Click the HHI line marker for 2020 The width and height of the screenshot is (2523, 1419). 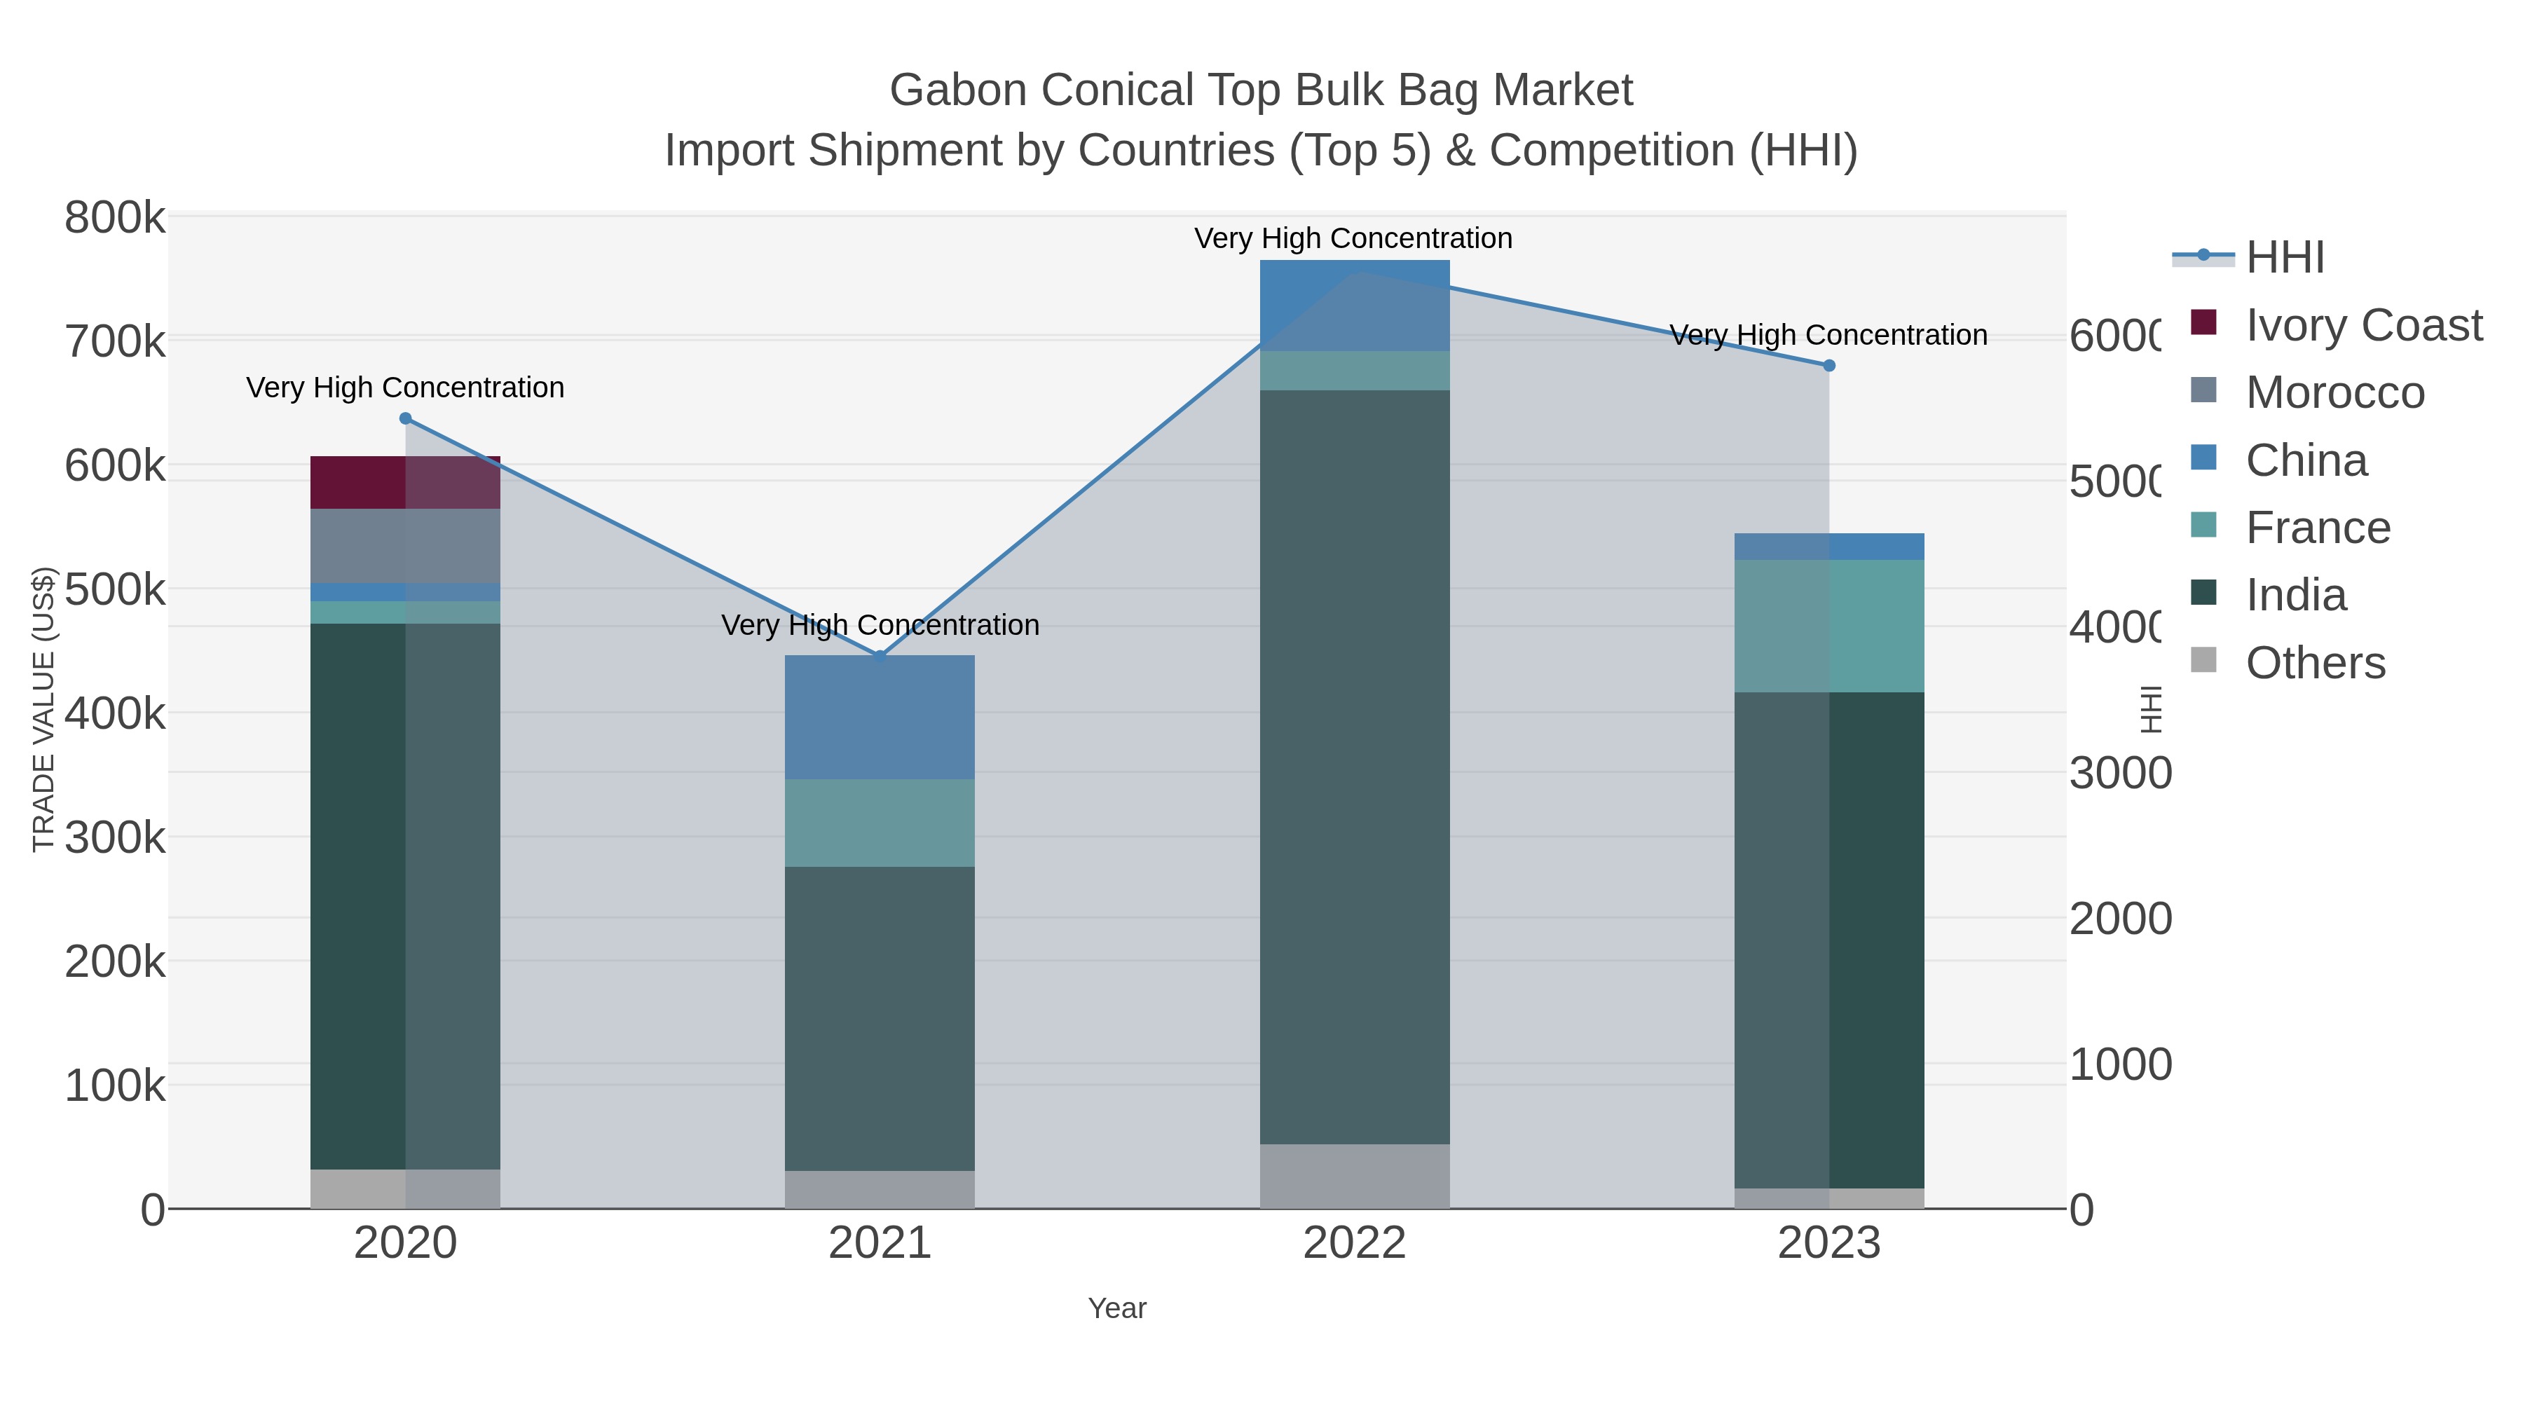[406, 418]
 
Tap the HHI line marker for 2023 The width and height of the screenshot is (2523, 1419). [1828, 365]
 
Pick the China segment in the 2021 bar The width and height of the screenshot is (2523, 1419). [880, 717]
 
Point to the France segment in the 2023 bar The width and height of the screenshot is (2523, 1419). [1828, 626]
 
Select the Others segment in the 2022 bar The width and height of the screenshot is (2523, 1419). [1355, 1175]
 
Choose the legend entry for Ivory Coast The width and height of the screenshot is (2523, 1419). [2363, 325]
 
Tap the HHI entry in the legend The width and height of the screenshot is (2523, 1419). [2284, 258]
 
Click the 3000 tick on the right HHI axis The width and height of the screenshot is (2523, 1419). [2121, 773]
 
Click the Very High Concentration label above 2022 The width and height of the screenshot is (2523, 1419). [1353, 238]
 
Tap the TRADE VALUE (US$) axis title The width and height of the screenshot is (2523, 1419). [43, 709]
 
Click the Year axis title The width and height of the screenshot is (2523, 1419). [1116, 1308]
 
